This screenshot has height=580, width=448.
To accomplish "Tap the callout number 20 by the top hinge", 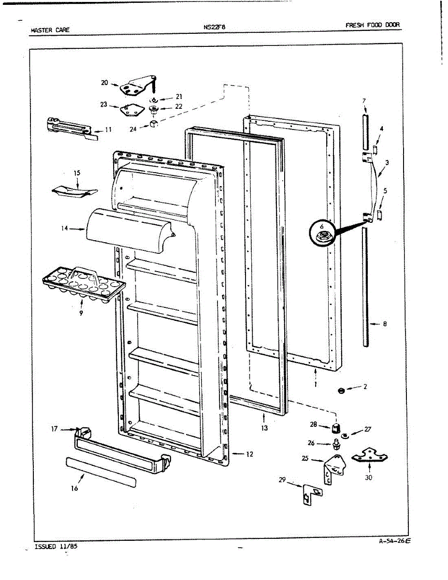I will point(104,83).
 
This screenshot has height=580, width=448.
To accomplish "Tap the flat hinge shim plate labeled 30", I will point(370,455).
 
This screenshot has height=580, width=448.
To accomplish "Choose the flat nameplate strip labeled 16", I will point(101,472).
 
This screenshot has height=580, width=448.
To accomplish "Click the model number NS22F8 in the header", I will point(215,27).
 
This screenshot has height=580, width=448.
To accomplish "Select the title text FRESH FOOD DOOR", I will point(373,25).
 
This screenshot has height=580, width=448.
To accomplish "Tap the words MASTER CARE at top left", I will point(50,30).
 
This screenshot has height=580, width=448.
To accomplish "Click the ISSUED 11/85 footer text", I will point(56,547).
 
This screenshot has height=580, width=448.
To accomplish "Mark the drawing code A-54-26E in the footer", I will point(394,541).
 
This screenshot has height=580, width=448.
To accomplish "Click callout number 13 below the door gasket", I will point(264,428).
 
